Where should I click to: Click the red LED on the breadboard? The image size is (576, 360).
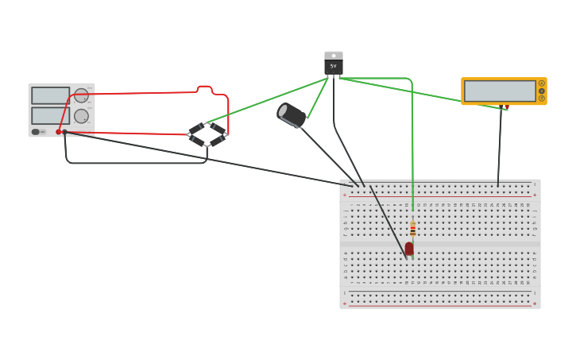pyautogui.click(x=409, y=249)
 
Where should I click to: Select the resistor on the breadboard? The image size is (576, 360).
pyautogui.click(x=413, y=229)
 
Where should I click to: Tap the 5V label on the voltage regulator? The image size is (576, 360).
pyautogui.click(x=334, y=67)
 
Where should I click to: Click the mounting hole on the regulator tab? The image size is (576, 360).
pyautogui.click(x=334, y=56)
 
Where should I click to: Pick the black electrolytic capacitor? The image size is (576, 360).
pyautogui.click(x=292, y=115)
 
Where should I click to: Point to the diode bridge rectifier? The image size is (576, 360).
pyautogui.click(x=207, y=134)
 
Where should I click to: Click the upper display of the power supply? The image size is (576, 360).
pyautogui.click(x=50, y=95)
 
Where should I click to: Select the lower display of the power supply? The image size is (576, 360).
pyautogui.click(x=50, y=115)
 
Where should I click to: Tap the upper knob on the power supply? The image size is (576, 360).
pyautogui.click(x=81, y=95)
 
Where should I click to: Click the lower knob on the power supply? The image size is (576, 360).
pyautogui.click(x=81, y=116)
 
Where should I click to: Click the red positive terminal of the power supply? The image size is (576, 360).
pyautogui.click(x=58, y=132)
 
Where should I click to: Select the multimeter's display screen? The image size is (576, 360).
pyautogui.click(x=500, y=91)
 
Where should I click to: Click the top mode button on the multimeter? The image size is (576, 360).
pyautogui.click(x=542, y=83)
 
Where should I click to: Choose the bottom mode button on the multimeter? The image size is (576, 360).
pyautogui.click(x=542, y=99)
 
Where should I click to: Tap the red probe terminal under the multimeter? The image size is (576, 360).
pyautogui.click(x=507, y=106)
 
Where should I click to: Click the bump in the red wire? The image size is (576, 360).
pyautogui.click(x=204, y=88)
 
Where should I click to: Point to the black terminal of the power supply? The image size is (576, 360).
pyautogui.click(x=65, y=132)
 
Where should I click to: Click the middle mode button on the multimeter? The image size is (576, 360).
pyautogui.click(x=542, y=91)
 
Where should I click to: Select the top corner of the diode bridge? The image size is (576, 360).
pyautogui.click(x=207, y=123)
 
